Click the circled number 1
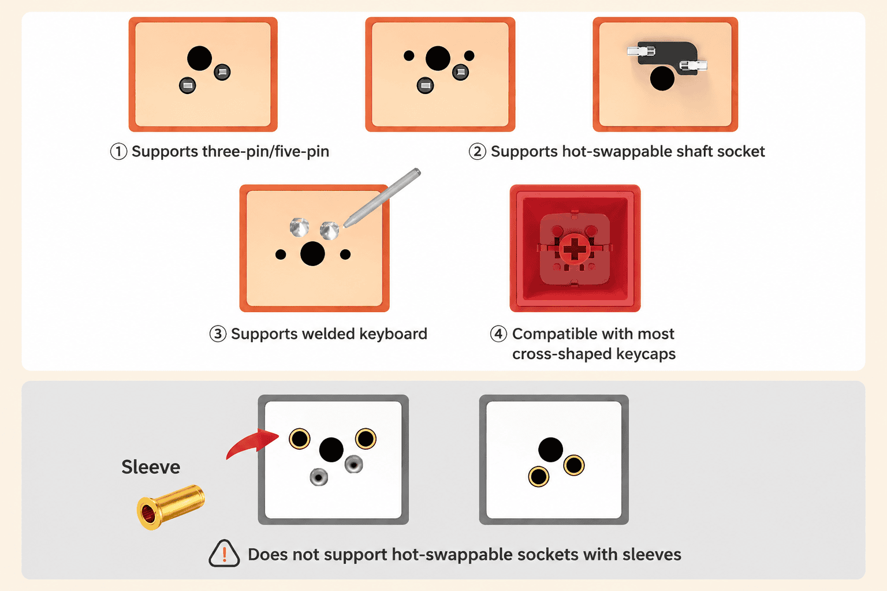tap(118, 152)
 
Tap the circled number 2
tap(477, 152)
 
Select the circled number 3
tap(218, 334)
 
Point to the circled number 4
tap(498, 334)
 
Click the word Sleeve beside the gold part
tap(151, 467)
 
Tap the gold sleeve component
tap(171, 507)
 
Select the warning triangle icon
tap(224, 553)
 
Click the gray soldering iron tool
tap(382, 197)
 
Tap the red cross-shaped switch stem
tap(575, 249)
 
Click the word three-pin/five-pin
tap(266, 152)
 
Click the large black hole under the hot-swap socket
tap(662, 78)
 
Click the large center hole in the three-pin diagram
tap(199, 58)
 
